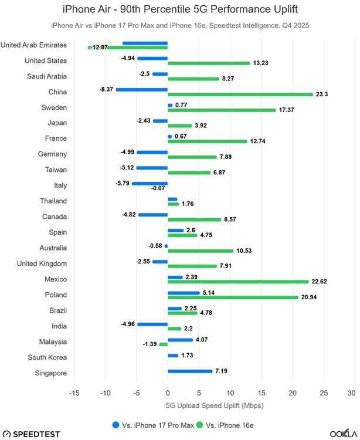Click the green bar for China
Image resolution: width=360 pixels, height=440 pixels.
[x=240, y=94]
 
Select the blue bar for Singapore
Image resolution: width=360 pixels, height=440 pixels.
[x=190, y=371]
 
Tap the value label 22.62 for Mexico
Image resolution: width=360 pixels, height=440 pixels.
[x=320, y=282]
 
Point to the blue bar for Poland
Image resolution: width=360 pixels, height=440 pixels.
[x=184, y=293]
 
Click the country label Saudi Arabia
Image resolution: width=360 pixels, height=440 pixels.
[x=47, y=76]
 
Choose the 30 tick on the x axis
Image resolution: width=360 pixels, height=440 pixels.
[x=351, y=393]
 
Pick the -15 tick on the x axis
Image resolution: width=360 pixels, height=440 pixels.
[x=74, y=393]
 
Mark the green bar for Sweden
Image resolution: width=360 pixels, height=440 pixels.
[x=222, y=110]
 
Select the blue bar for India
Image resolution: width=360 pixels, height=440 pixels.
[x=152, y=324]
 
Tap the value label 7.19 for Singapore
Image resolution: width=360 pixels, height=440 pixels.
[x=223, y=371]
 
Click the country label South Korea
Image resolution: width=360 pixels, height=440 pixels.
[x=47, y=357]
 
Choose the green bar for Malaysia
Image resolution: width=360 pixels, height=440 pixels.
[x=164, y=344]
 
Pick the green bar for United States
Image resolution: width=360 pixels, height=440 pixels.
[x=209, y=63]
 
